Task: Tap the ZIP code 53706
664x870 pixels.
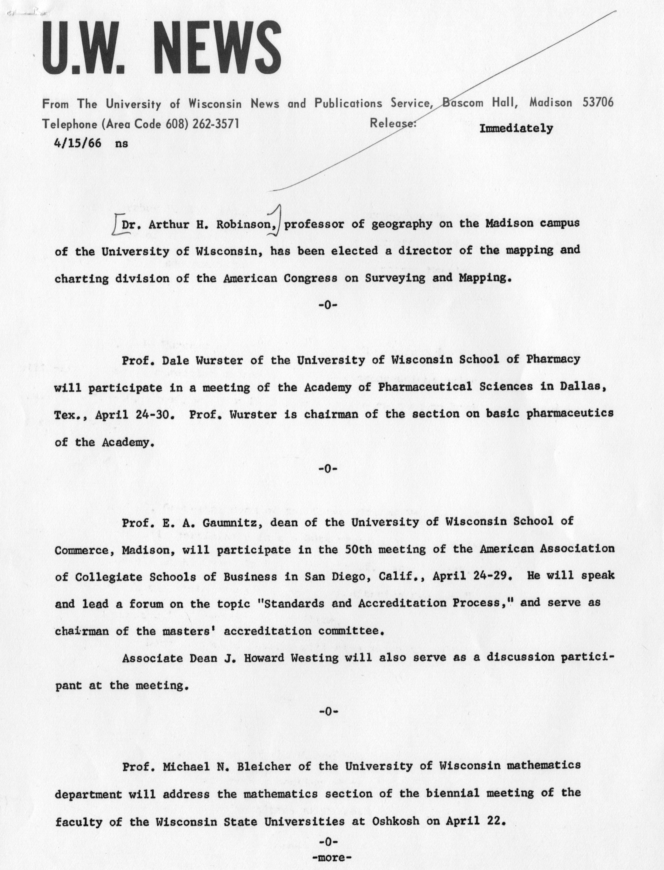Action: click(598, 102)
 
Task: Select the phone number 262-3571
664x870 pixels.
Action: click(216, 124)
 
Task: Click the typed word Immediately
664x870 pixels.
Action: click(516, 129)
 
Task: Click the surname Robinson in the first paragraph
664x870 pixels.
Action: click(248, 225)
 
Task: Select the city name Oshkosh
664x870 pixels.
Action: click(395, 821)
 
